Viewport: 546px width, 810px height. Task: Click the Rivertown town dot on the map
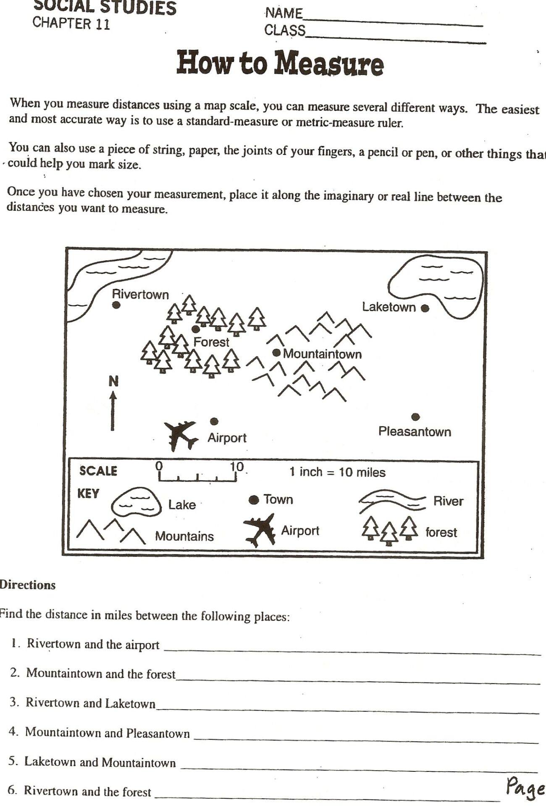coord(117,305)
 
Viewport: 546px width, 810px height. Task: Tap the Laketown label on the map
coord(388,307)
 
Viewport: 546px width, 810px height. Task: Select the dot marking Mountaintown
coord(276,353)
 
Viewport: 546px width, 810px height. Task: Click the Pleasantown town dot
coord(415,417)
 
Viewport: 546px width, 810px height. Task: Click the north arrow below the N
coord(113,411)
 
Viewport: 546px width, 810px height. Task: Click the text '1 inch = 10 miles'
coord(337,472)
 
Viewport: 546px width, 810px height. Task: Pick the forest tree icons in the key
coord(389,530)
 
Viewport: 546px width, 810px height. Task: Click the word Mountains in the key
coord(184,536)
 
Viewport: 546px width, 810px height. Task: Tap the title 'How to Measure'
coord(280,64)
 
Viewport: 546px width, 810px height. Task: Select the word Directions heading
coord(28,585)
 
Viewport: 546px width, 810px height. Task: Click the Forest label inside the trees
coord(211,342)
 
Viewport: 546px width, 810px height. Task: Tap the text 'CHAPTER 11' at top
coord(71,24)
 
